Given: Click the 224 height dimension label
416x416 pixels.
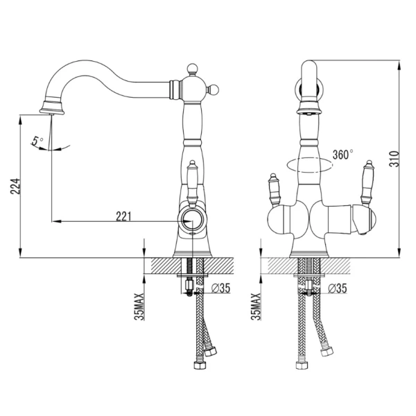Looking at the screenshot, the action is pyautogui.click(x=15, y=186).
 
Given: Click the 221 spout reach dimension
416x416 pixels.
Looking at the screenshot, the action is pyautogui.click(x=123, y=216).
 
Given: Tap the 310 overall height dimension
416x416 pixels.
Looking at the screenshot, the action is pyautogui.click(x=394, y=159).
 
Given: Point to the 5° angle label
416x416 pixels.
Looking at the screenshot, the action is pyautogui.click(x=37, y=141).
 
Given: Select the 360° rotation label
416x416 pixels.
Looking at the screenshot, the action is pyautogui.click(x=343, y=155).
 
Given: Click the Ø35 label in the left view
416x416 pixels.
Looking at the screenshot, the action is pyautogui.click(x=220, y=288).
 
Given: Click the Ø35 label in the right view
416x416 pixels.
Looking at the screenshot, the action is pyautogui.click(x=337, y=288).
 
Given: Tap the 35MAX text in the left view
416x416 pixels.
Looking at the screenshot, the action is pyautogui.click(x=139, y=306).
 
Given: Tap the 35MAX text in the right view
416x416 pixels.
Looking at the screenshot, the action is pyautogui.click(x=256, y=306).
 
